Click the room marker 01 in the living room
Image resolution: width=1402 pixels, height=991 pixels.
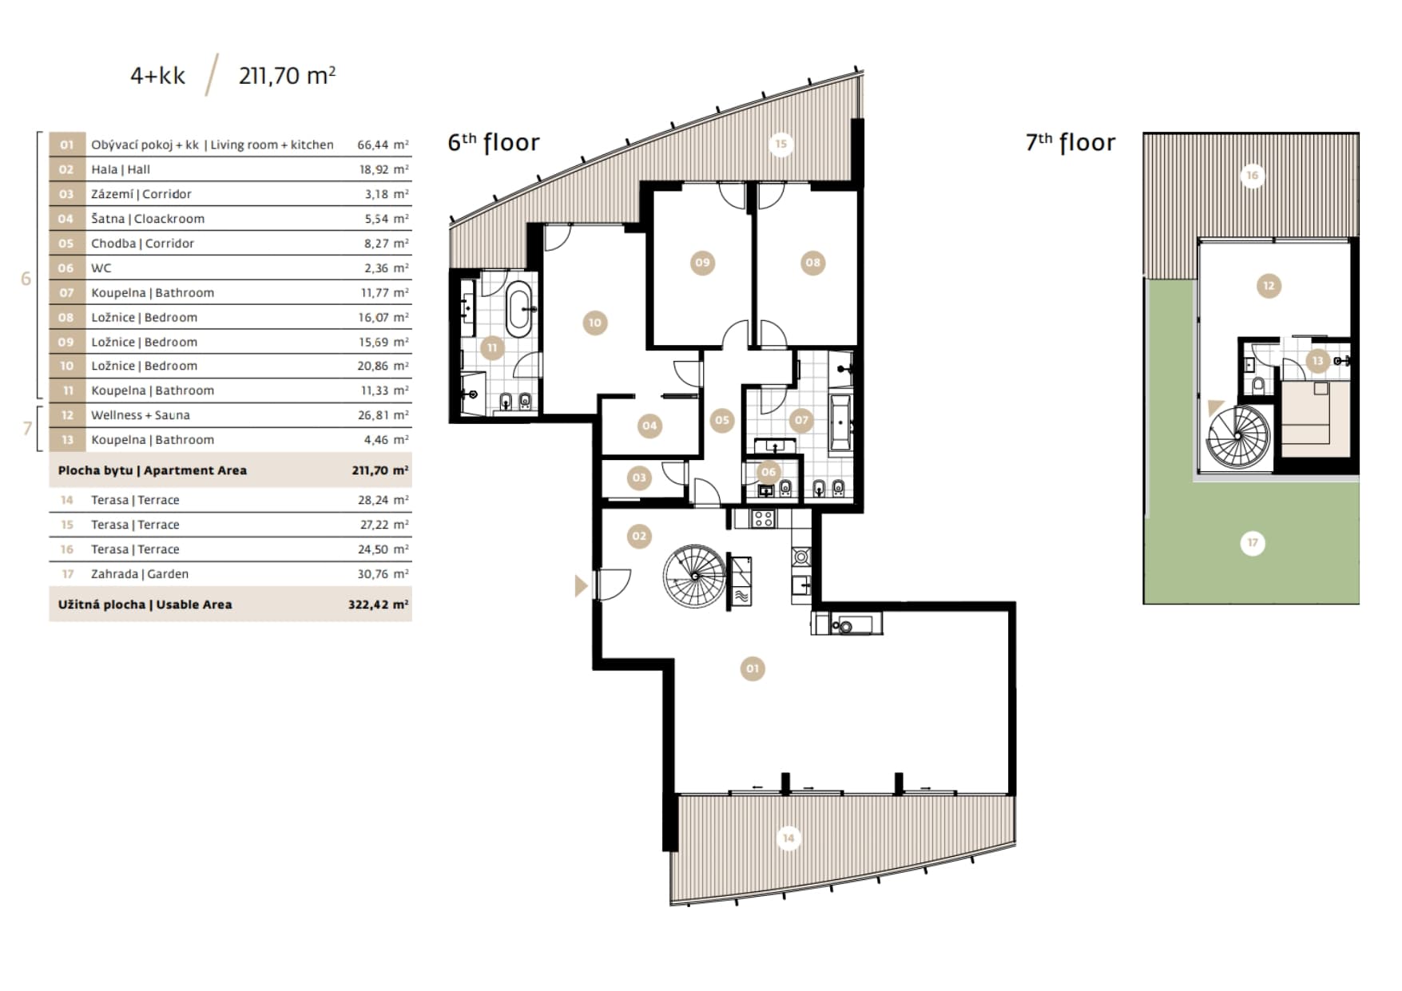pos(752,668)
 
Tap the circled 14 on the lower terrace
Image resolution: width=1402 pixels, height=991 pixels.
pos(788,838)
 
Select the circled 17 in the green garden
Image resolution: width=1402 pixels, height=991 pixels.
pos(1253,543)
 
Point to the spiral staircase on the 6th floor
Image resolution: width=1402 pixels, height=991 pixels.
pos(695,576)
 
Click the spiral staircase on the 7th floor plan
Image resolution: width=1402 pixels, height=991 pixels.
pos(1237,436)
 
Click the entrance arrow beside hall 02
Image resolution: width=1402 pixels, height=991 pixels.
pos(581,586)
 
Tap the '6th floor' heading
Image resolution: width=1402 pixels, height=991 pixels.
pos(494,142)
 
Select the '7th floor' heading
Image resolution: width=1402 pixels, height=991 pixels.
pos(1070,142)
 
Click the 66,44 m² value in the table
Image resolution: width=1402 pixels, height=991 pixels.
pos(383,145)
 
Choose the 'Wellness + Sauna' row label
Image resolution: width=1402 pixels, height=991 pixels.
pos(141,415)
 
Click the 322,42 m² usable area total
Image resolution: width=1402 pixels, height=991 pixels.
pos(378,605)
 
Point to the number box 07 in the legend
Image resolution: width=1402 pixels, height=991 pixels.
pos(67,292)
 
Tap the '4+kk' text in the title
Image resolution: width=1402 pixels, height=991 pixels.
pos(157,76)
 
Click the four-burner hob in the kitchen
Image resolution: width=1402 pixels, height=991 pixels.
pos(763,519)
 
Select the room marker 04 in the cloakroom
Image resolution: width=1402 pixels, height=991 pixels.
pos(649,426)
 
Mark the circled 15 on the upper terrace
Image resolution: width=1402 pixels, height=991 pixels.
pos(780,144)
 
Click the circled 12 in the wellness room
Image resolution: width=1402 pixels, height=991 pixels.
pos(1269,286)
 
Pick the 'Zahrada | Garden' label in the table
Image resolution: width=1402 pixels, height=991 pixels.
pos(140,574)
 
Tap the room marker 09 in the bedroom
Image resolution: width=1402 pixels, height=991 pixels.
pos(702,262)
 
